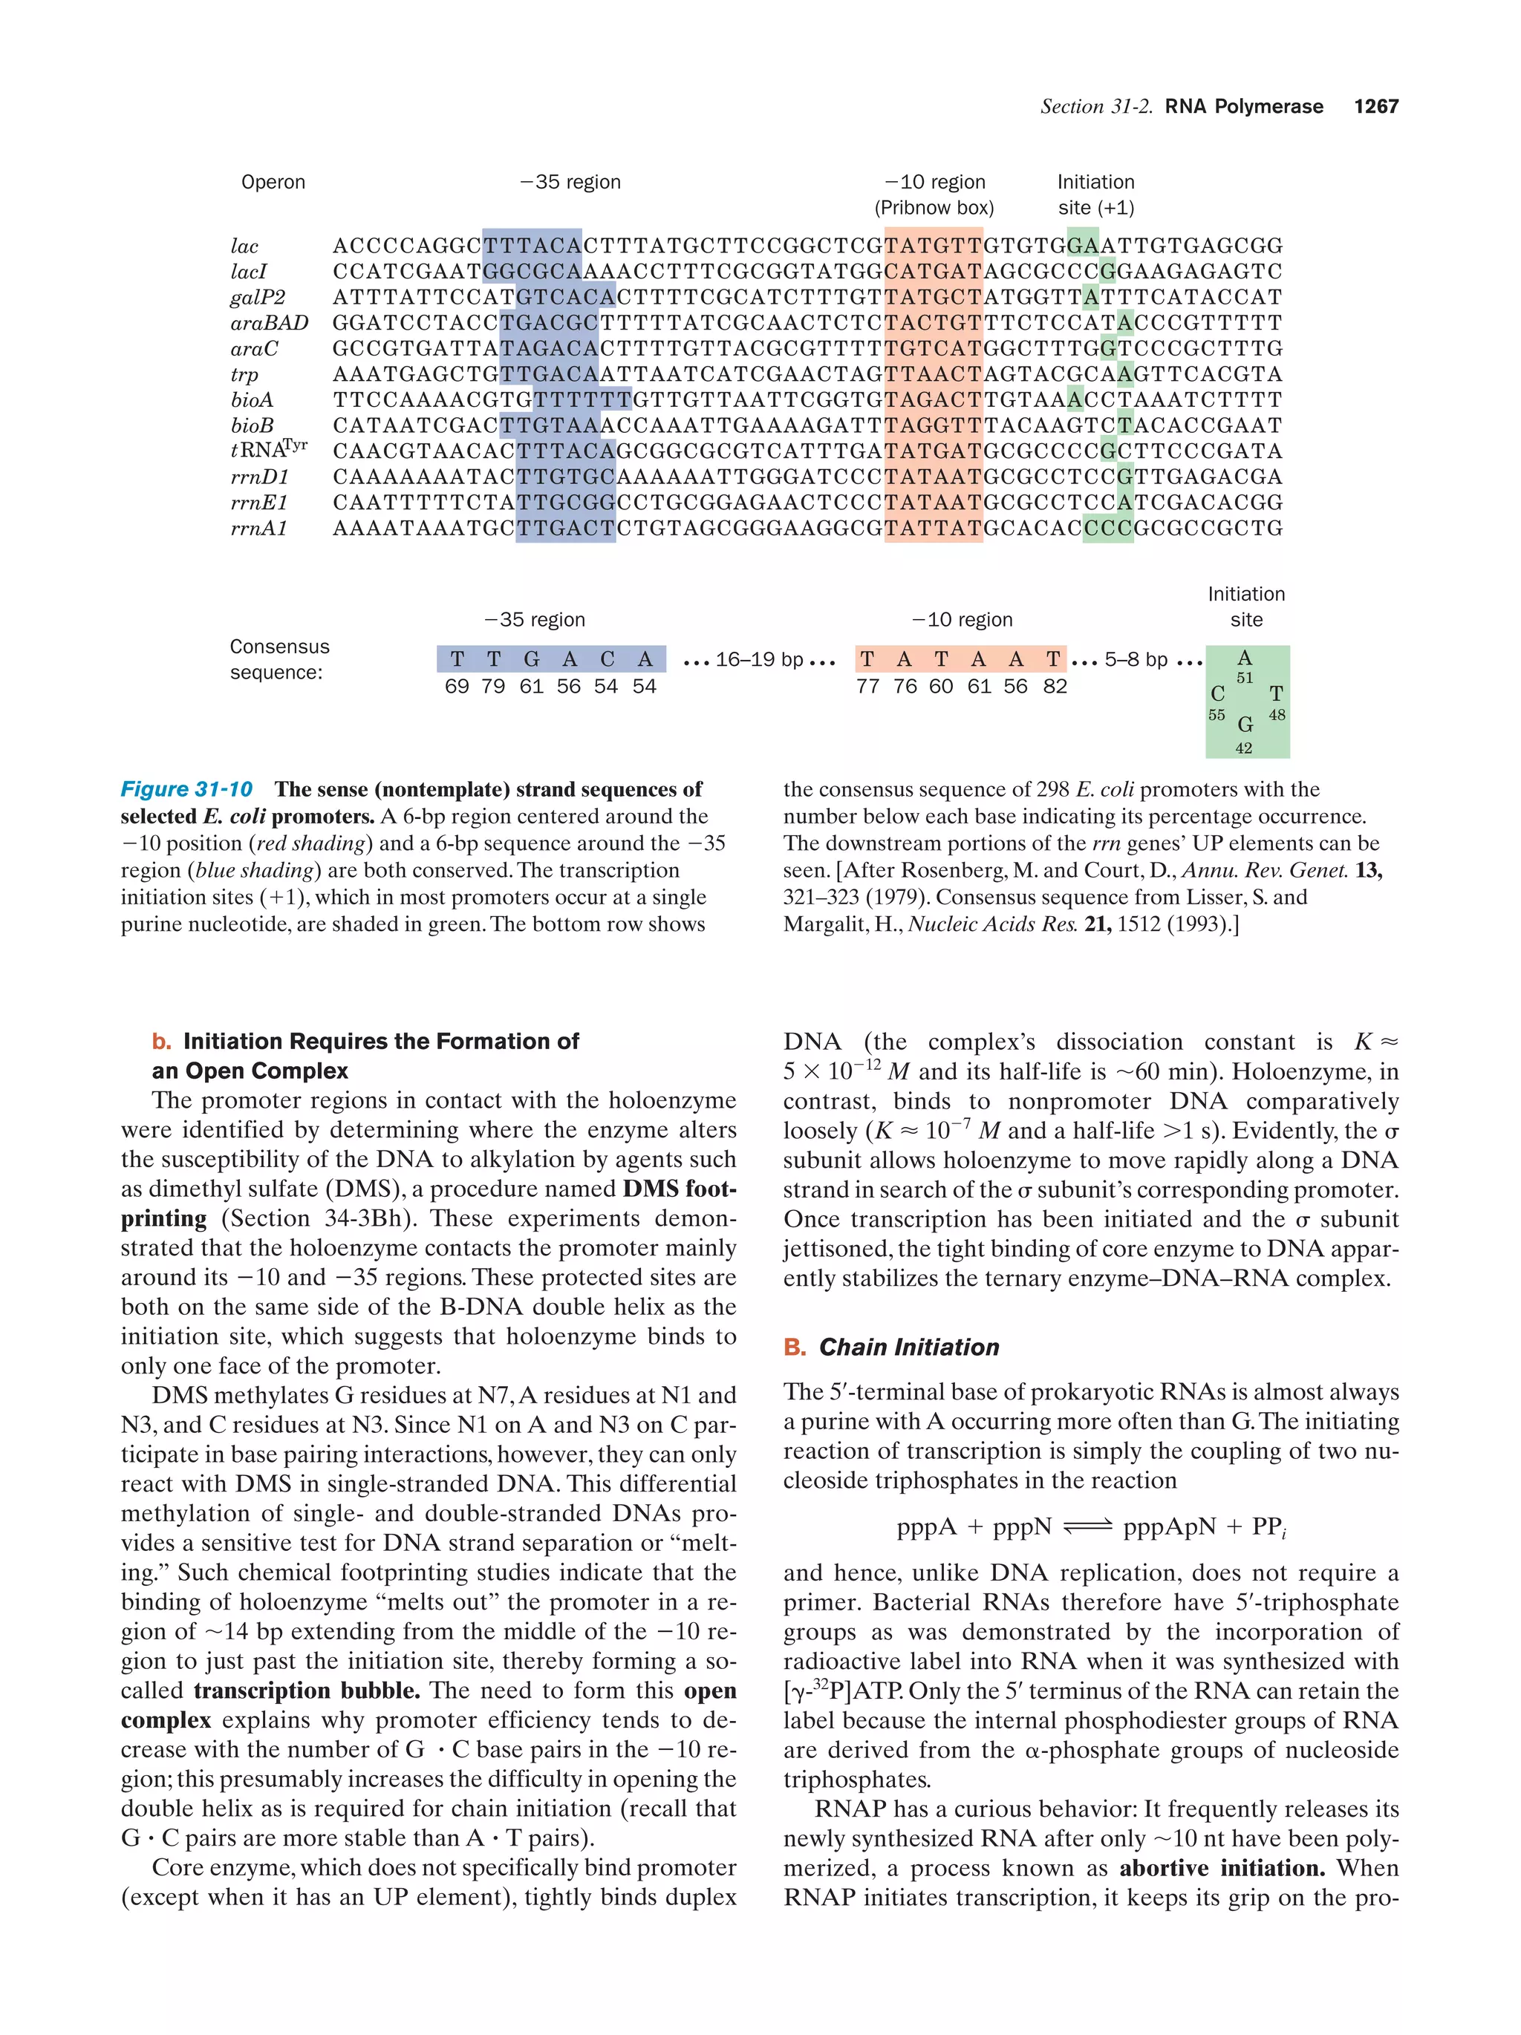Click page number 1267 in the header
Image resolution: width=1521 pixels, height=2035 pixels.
pyautogui.click(x=1375, y=107)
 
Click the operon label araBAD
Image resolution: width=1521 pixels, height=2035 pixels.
pyautogui.click(x=269, y=323)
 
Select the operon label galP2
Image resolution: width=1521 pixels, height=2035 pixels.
pyautogui.click(x=258, y=297)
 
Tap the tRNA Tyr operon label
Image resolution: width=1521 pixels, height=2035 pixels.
pyautogui.click(x=268, y=450)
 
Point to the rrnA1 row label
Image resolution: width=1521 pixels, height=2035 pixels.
pyautogui.click(x=258, y=528)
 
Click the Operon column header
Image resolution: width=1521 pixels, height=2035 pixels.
pyautogui.click(x=273, y=182)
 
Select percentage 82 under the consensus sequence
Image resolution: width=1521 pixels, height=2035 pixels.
pyautogui.click(x=1055, y=686)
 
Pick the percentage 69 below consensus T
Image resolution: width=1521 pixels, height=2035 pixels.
pyautogui.click(x=457, y=686)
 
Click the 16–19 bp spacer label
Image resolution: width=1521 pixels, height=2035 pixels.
pyautogui.click(x=759, y=659)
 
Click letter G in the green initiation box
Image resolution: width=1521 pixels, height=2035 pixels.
pyautogui.click(x=1245, y=725)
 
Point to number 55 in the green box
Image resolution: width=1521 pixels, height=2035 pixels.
pyautogui.click(x=1217, y=715)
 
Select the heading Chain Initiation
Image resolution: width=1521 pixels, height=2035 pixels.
pyautogui.click(x=908, y=1347)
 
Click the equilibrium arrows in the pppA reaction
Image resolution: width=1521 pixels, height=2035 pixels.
pyautogui.click(x=1087, y=1527)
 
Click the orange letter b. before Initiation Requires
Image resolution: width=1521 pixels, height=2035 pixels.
pyautogui.click(x=162, y=1042)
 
